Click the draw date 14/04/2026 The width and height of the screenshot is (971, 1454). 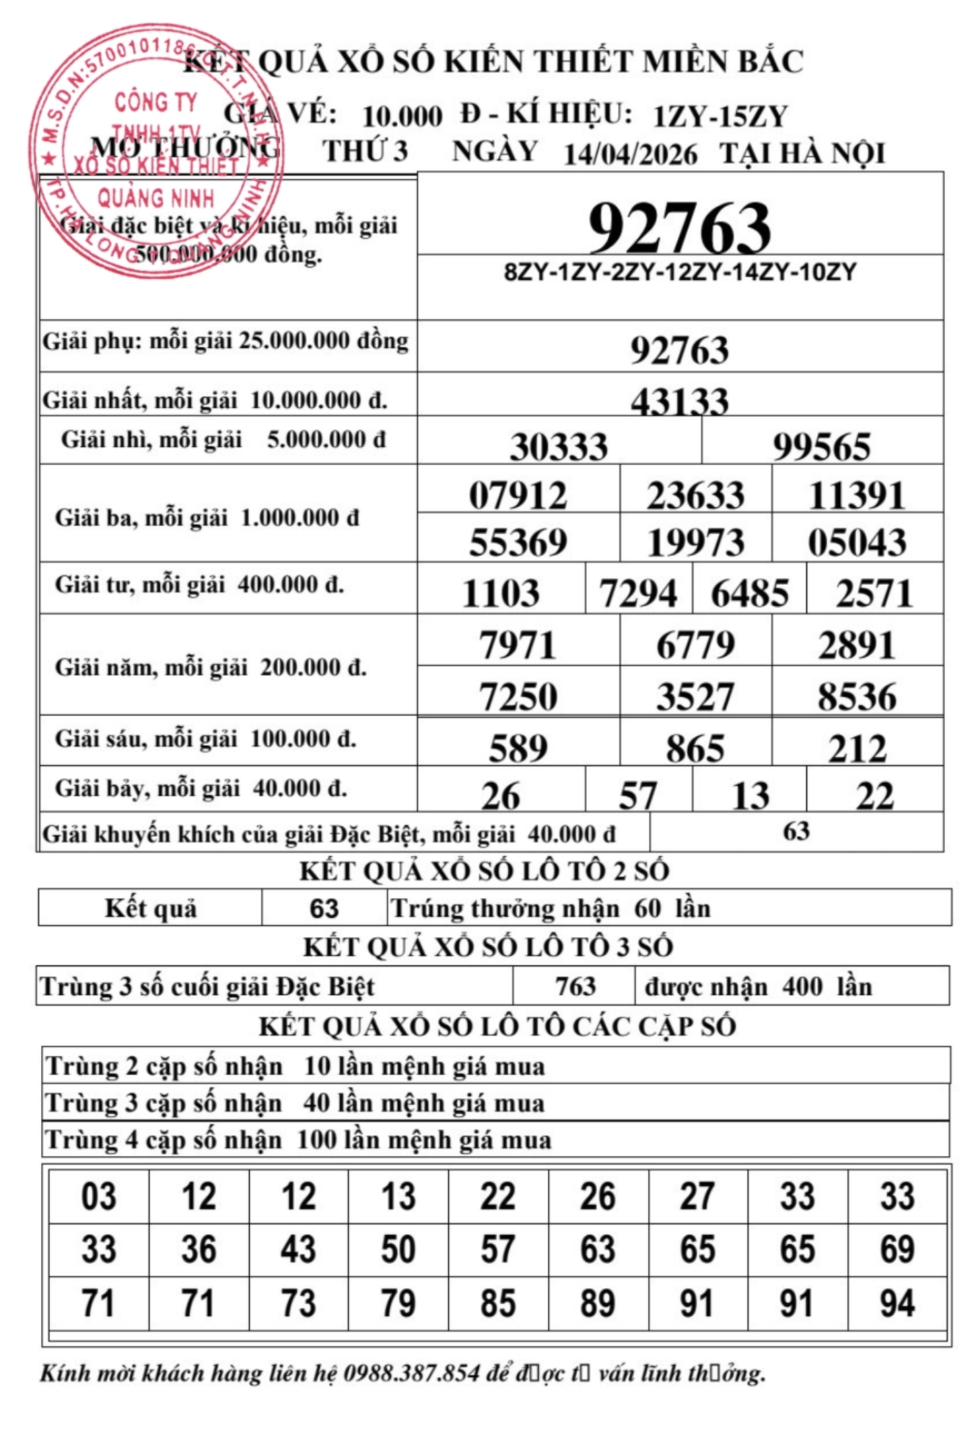(630, 154)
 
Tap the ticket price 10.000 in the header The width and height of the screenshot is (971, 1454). (402, 117)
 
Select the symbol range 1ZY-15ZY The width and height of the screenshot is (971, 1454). (720, 117)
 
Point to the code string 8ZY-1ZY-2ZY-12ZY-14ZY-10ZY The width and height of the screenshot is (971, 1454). (680, 272)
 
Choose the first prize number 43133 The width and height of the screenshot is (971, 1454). (680, 402)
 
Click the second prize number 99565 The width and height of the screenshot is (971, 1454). (821, 447)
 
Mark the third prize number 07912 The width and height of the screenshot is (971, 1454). (518, 496)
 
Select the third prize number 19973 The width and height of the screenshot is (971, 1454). (695, 542)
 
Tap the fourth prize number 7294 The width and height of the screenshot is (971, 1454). (638, 594)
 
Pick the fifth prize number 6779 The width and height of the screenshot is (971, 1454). (695, 645)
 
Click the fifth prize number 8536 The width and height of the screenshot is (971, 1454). (857, 696)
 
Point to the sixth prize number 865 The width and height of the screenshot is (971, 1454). (695, 748)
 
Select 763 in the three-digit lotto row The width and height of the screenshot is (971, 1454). (575, 986)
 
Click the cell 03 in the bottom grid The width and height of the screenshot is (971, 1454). (98, 1197)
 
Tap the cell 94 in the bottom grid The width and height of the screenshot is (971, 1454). (897, 1303)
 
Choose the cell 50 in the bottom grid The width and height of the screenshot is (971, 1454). (398, 1249)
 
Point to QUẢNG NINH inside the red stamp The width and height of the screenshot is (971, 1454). (156, 198)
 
